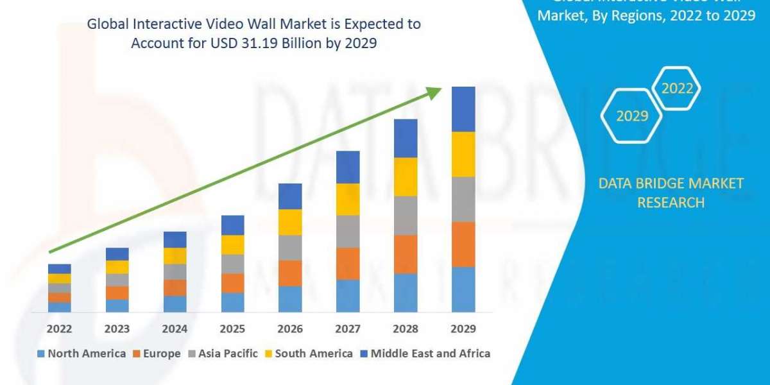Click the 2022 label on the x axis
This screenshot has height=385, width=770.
[60, 329]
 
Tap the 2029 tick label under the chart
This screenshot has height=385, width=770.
[463, 329]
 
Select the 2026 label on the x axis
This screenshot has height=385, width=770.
[290, 329]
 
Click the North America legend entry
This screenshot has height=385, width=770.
[81, 354]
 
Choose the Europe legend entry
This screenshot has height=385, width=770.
[157, 354]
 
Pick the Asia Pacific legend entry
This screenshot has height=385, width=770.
[223, 354]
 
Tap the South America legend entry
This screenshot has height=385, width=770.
[309, 354]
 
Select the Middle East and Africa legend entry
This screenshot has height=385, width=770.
[425, 354]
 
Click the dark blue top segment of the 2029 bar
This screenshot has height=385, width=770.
[463, 109]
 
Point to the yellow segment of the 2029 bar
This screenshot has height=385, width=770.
[463, 154]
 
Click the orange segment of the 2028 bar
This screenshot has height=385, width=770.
[406, 254]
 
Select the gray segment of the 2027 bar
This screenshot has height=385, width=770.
[348, 231]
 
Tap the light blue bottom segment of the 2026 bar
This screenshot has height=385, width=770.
[290, 299]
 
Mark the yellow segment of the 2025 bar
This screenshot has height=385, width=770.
[232, 244]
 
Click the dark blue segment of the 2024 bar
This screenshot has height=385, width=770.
[175, 239]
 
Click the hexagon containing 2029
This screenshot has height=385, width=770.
[632, 116]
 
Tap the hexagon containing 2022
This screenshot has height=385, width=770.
[677, 89]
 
